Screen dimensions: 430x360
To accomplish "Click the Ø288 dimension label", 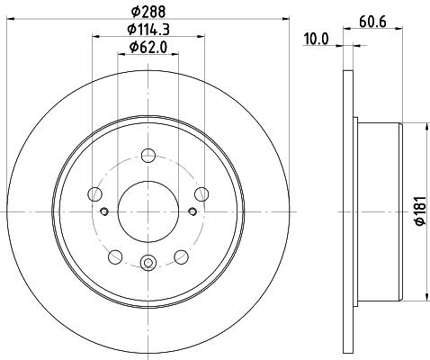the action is (x=148, y=12).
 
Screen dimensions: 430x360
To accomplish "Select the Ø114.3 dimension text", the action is (x=148, y=30).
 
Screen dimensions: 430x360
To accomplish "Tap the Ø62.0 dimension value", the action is (x=148, y=48).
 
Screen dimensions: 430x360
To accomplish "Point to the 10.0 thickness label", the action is (x=316, y=39).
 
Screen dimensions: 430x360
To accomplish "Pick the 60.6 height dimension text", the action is (x=372, y=22).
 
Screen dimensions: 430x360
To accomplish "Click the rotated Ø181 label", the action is (x=420, y=211).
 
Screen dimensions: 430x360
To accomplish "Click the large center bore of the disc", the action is (x=148, y=211).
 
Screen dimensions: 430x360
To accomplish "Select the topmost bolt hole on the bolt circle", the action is (x=148, y=156).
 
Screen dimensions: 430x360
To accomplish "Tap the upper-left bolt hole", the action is (x=94, y=194).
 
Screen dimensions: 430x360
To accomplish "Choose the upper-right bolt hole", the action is (x=202, y=194).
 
